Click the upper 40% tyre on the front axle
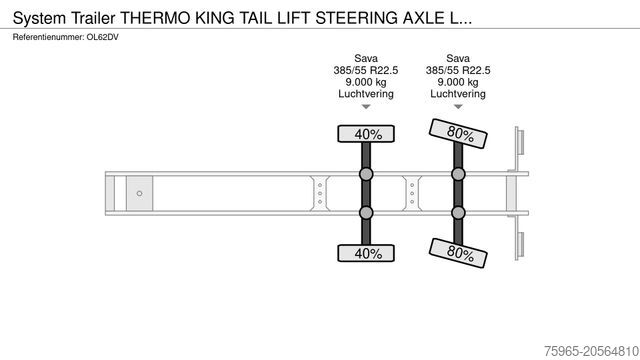[x=366, y=134]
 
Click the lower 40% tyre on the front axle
[x=366, y=253]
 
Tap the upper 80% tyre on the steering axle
[x=458, y=132]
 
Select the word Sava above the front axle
[x=366, y=58]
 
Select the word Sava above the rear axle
[x=458, y=58]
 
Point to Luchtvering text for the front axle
[x=366, y=94]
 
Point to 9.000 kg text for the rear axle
[x=458, y=82]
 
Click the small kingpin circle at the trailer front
[x=139, y=193]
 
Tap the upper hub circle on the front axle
[x=366, y=175]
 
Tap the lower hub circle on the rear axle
[x=458, y=212]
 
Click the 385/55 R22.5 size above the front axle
[x=366, y=70]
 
